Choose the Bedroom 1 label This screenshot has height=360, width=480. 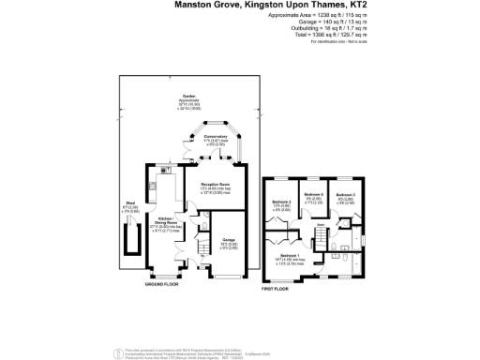291,258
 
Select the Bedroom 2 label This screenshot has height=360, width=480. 282,205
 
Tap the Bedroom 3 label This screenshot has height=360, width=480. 346,199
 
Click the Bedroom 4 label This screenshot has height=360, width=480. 312,199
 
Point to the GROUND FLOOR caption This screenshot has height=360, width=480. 161,287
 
